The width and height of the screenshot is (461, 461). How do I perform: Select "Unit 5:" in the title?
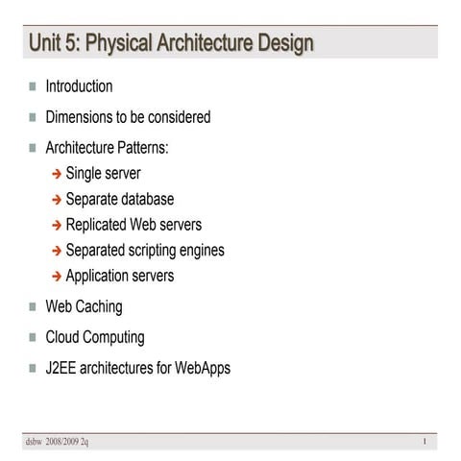(55, 43)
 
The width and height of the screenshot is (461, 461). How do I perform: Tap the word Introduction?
(79, 86)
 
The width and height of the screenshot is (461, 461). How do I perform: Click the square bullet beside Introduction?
(33, 86)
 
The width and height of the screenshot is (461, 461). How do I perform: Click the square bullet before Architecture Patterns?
(33, 149)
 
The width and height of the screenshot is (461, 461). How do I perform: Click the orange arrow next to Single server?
(57, 175)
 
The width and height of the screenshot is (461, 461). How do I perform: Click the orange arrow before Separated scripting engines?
(57, 252)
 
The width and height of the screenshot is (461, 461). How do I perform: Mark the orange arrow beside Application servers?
(57, 277)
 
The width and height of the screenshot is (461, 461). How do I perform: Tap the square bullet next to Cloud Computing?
(33, 338)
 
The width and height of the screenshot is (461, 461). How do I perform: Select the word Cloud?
(63, 337)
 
